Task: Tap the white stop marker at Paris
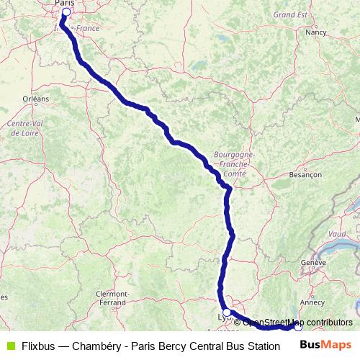pyautogui.click(x=66, y=12)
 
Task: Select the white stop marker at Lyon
pyautogui.click(x=227, y=312)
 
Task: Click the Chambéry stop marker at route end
pyautogui.click(x=298, y=326)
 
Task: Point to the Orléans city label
pyautogui.click(x=35, y=98)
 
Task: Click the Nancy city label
pyautogui.click(x=315, y=32)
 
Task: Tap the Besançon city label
pyautogui.click(x=305, y=175)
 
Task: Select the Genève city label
pyautogui.click(x=315, y=264)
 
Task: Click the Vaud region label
pyautogui.click(x=337, y=234)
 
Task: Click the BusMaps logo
pyautogui.click(x=325, y=344)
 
